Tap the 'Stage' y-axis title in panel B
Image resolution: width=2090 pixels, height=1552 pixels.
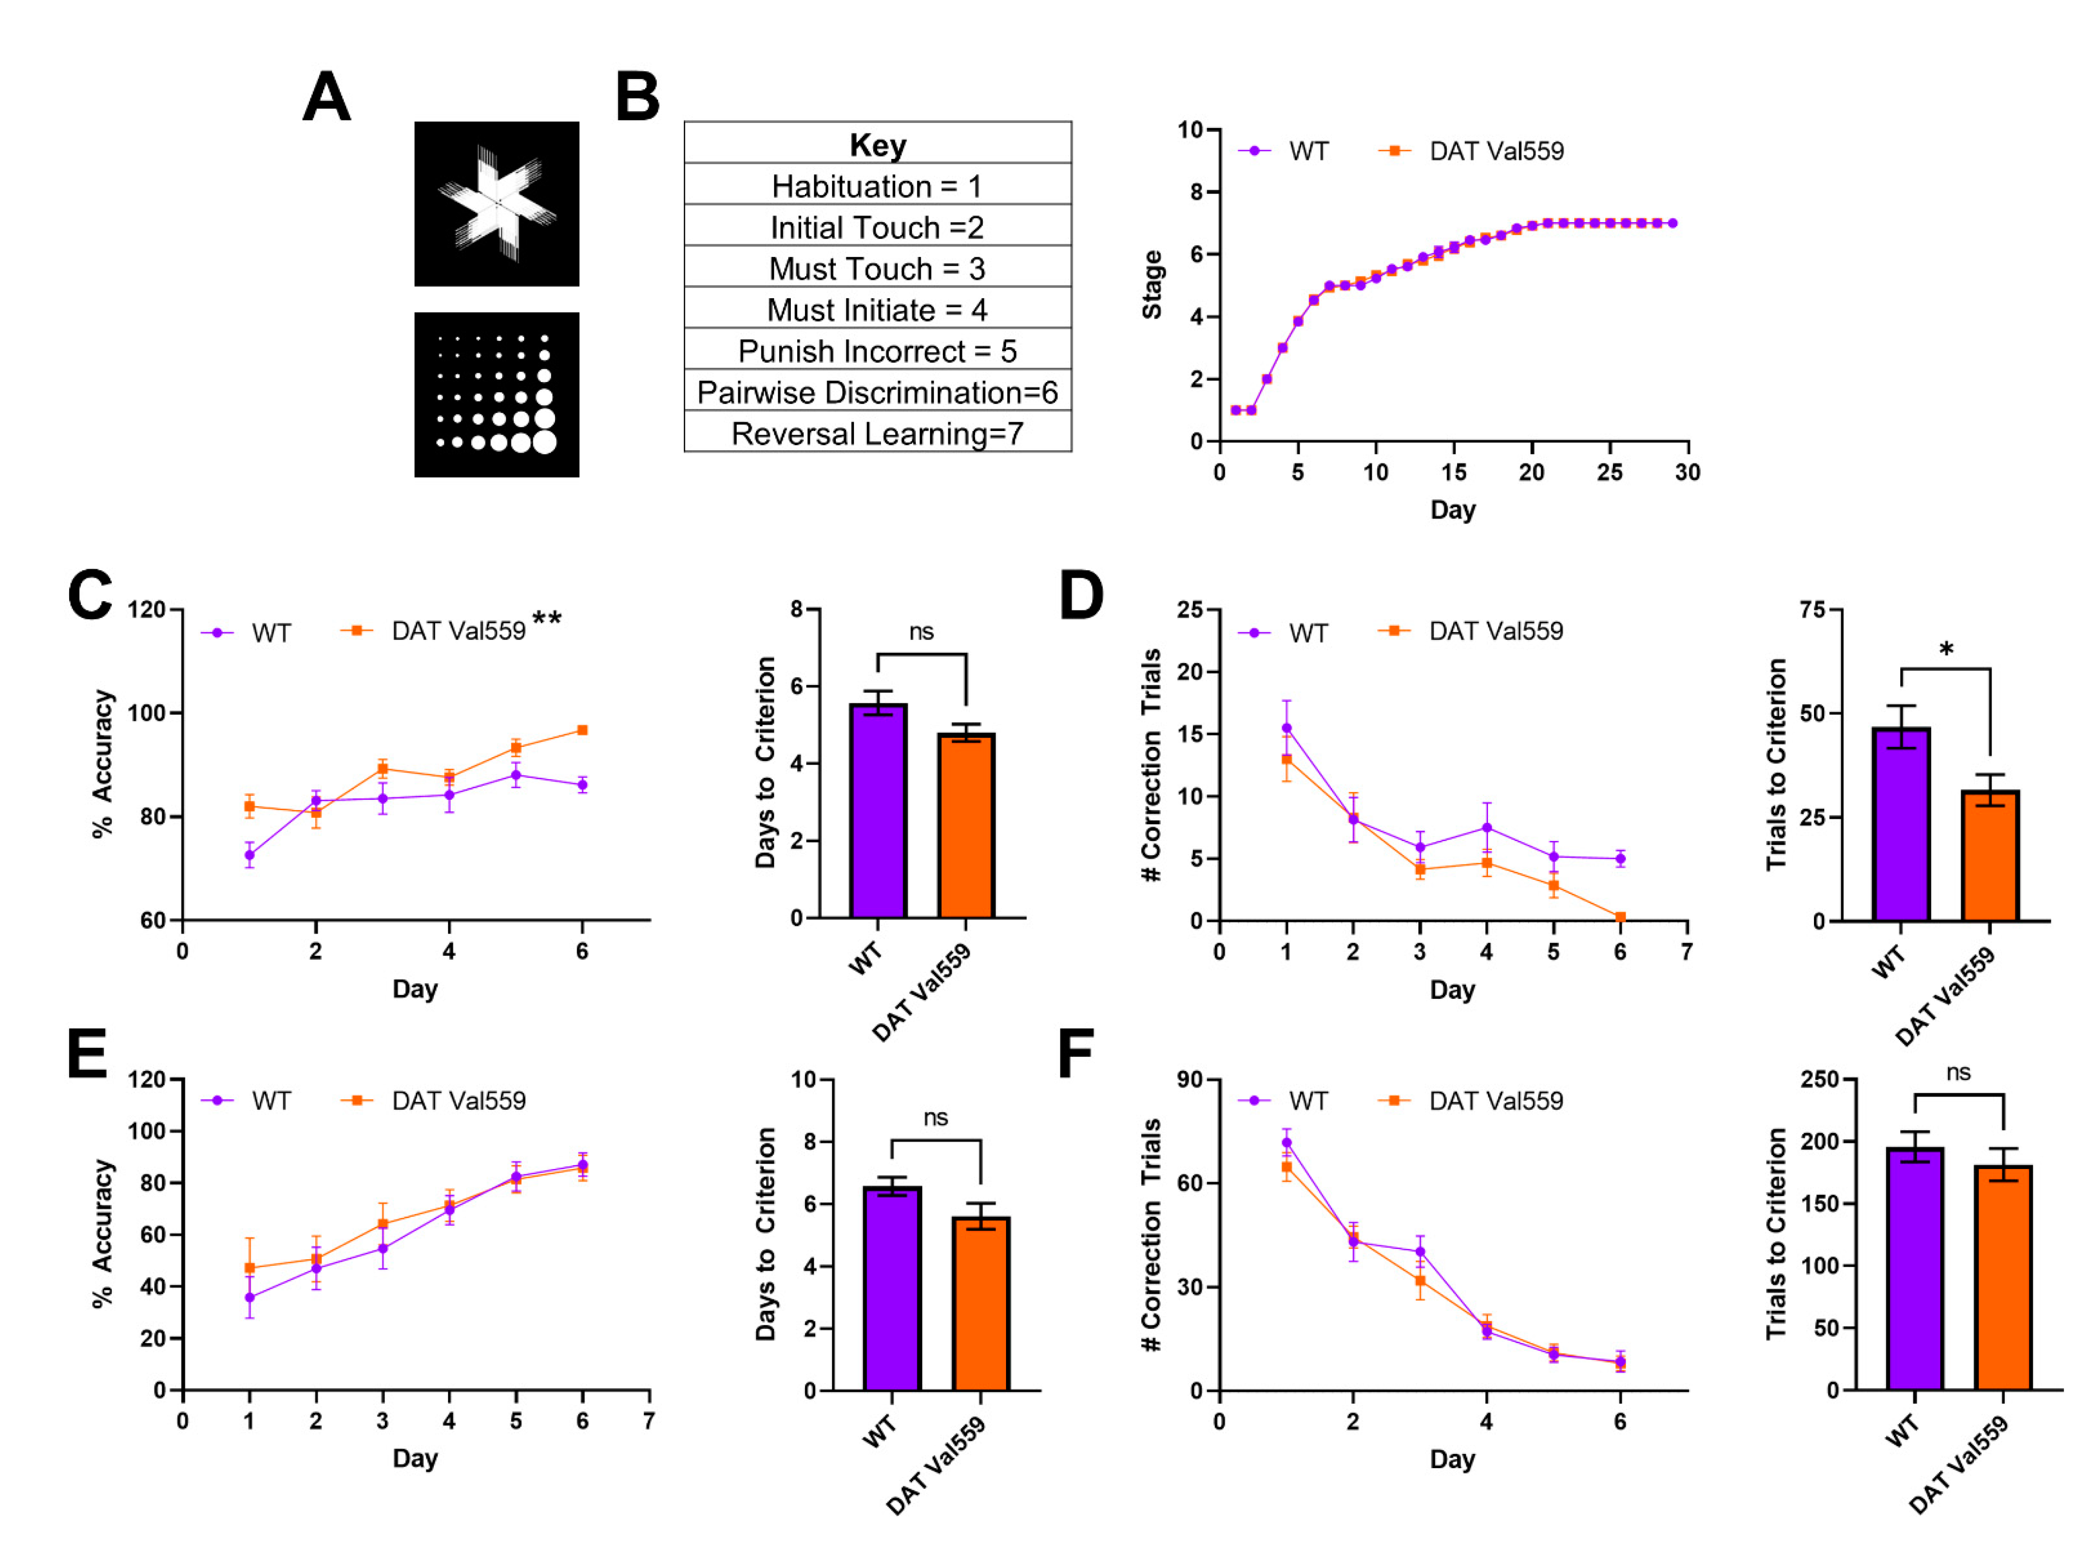tap(1152, 285)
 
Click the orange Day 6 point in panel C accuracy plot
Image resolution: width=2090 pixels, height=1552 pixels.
tap(582, 730)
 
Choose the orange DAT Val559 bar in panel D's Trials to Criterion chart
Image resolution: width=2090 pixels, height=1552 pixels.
tap(1989, 855)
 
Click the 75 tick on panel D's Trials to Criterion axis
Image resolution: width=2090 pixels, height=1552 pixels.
tap(1812, 610)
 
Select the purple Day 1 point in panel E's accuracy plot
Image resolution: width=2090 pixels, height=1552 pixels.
tap(249, 1298)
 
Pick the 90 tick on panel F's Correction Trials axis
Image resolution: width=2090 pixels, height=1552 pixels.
tap(1190, 1079)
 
